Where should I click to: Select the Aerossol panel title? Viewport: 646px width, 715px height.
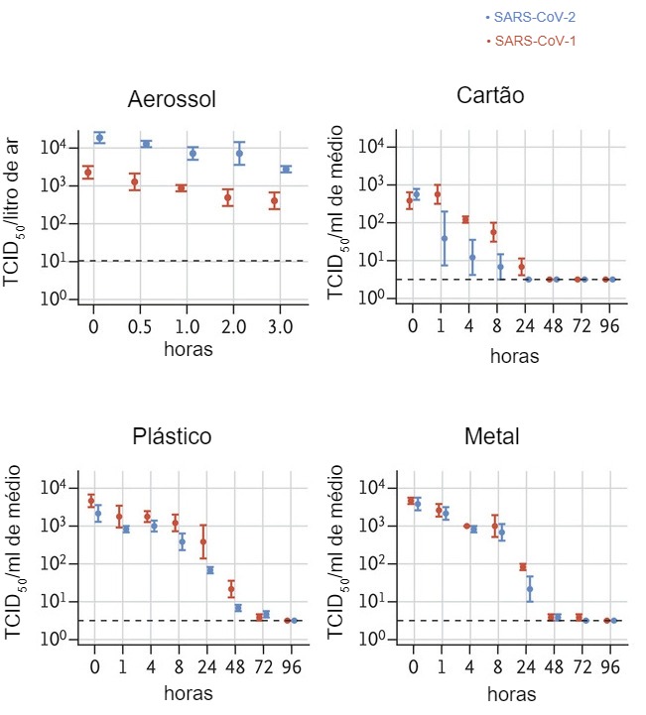[x=172, y=100]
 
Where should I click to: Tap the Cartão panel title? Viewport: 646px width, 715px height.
[x=490, y=95]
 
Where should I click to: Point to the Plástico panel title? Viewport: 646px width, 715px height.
[x=172, y=437]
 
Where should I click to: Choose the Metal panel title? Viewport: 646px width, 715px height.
[x=490, y=437]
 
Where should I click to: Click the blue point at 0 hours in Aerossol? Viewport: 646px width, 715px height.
[x=99, y=137]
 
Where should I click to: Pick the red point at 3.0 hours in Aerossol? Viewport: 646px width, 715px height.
[x=274, y=201]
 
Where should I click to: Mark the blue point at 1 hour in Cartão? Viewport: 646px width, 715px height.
[x=445, y=238]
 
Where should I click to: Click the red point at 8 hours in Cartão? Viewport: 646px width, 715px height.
[x=493, y=234]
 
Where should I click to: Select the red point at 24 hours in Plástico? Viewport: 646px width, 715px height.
[x=203, y=541]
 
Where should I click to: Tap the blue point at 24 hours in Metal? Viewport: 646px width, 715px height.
[x=529, y=589]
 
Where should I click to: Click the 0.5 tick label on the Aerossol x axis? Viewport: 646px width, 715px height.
[x=141, y=325]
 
